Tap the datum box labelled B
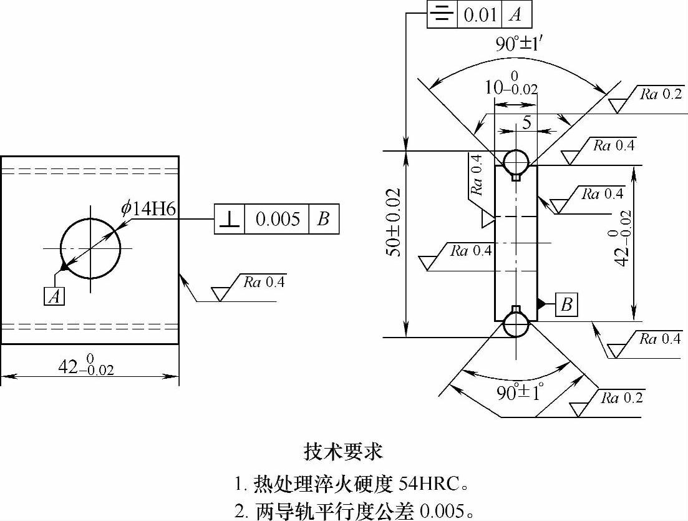[566, 304]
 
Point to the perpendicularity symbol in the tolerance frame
[229, 219]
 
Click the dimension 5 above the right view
[527, 122]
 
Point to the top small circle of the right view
[516, 162]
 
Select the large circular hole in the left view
[90, 248]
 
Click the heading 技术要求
[344, 450]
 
